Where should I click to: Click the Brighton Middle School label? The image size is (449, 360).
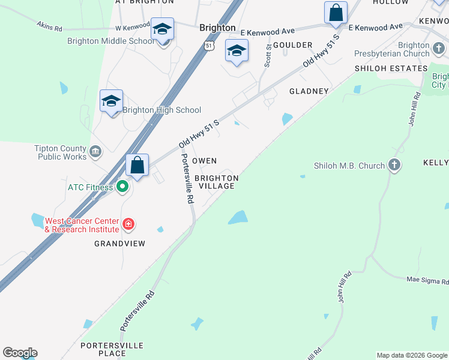point(110,41)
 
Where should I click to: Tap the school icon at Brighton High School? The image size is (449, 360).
point(112,101)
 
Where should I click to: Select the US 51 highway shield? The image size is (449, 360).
point(208,46)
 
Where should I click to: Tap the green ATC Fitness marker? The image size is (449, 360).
point(122,187)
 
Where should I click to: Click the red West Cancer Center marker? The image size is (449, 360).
point(128,224)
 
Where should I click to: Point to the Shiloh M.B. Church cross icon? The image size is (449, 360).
point(394,165)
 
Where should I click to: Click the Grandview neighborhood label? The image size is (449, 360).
point(120,244)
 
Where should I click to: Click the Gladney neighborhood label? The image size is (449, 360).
point(309,91)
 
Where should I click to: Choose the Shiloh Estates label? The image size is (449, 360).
point(391,68)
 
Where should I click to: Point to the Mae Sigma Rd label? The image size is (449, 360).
point(427,280)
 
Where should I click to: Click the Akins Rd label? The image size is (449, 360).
point(49,26)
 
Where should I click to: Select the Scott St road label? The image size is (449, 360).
point(268,58)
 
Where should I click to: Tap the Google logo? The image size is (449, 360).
point(20,353)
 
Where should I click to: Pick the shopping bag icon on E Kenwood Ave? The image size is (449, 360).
point(336,13)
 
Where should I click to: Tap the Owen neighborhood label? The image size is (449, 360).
point(204,161)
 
